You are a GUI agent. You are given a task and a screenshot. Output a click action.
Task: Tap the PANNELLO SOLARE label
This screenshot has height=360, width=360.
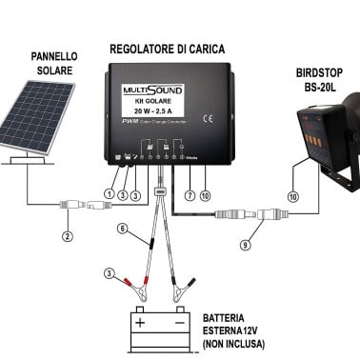(45, 63)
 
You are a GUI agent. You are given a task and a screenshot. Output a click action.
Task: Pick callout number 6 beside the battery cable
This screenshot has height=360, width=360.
(122, 229)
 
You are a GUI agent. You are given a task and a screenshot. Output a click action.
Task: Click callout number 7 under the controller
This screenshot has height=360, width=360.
(190, 195)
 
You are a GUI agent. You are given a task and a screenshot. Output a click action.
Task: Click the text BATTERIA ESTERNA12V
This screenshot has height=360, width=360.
(233, 324)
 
